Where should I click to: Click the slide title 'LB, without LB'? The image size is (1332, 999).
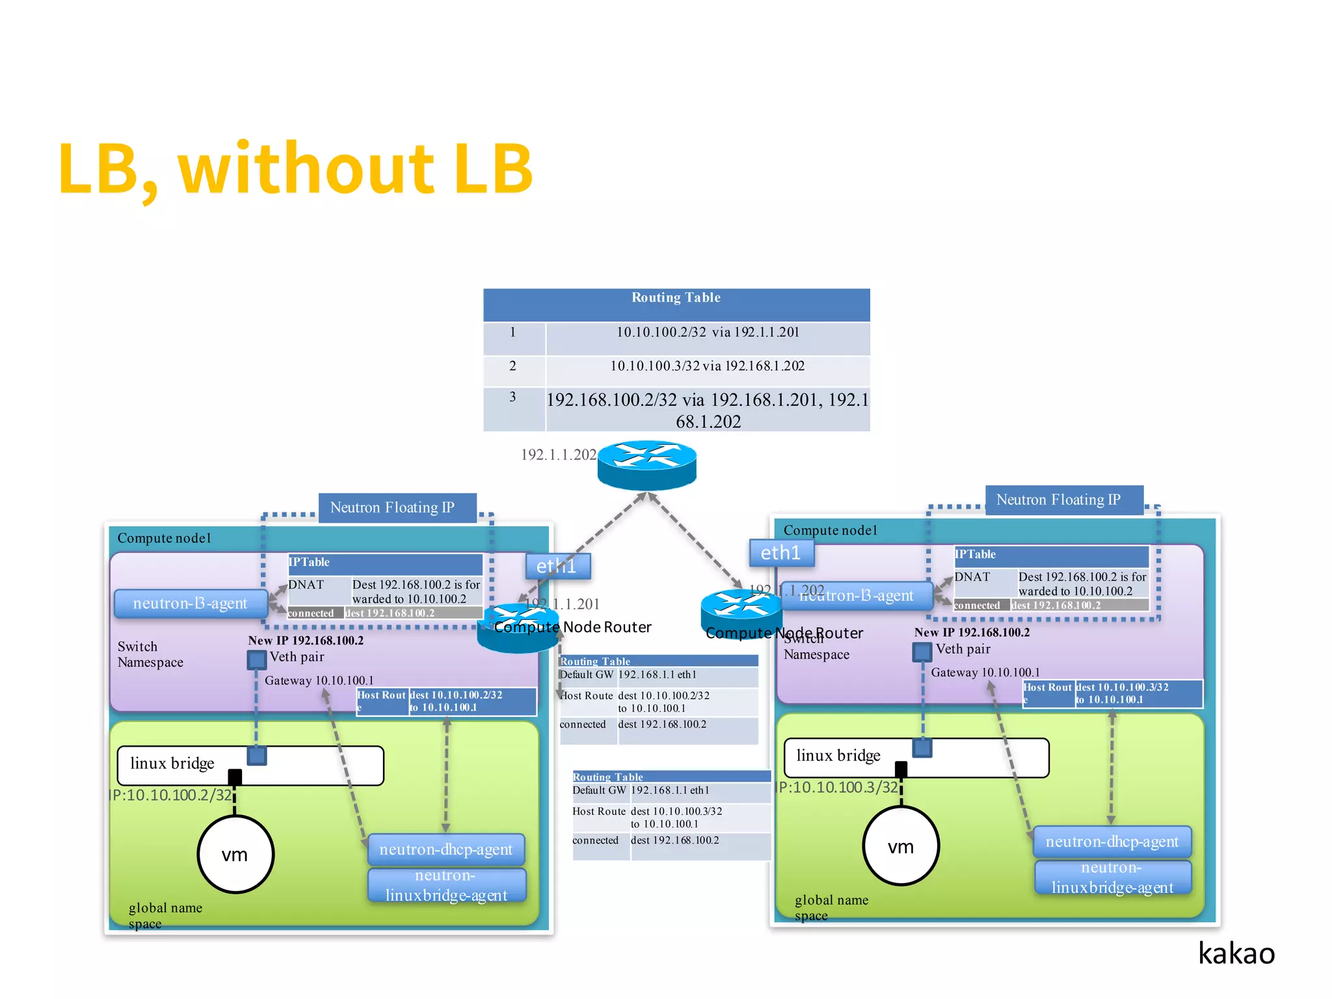(296, 169)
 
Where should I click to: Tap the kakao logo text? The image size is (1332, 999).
(1236, 953)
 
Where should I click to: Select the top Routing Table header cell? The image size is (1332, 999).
(676, 298)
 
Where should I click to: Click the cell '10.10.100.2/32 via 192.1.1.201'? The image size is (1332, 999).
(708, 332)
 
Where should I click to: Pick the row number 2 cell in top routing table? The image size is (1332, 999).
(513, 366)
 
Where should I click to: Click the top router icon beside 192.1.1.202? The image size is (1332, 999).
(646, 464)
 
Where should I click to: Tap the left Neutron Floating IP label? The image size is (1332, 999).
(392, 507)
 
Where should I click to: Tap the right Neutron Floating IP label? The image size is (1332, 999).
(1058, 499)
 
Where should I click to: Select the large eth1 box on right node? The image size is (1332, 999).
(780, 553)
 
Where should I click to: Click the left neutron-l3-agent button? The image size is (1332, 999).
(190, 604)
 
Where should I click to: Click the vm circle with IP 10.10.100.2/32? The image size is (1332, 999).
(235, 854)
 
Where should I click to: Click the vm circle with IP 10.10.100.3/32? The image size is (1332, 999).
(901, 846)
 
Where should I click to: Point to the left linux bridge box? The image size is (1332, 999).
(250, 766)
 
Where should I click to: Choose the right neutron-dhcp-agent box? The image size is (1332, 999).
(1112, 842)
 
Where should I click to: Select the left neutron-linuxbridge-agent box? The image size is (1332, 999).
(446, 885)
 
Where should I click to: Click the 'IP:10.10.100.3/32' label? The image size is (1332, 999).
(838, 788)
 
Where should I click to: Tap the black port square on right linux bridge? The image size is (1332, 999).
(901, 769)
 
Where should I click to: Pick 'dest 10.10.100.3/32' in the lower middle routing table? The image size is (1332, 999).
(676, 812)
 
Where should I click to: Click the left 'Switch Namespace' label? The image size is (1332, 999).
(150, 654)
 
